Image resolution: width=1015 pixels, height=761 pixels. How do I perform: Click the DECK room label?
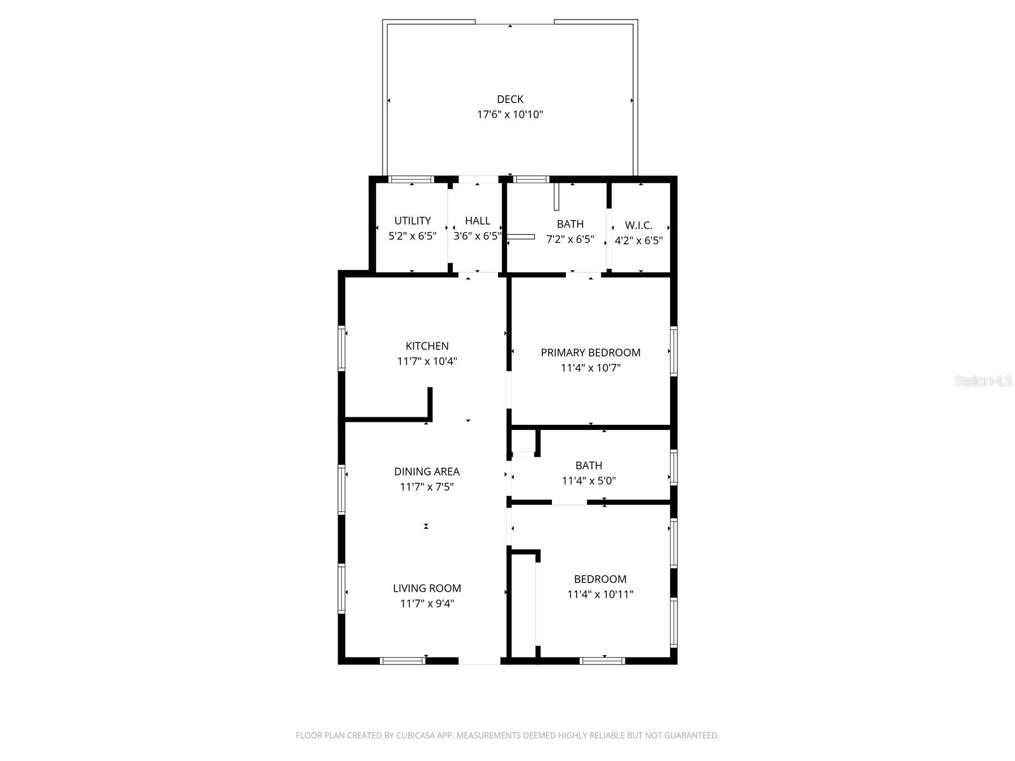pos(510,99)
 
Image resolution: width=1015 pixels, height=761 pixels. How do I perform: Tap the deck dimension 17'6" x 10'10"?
pos(510,115)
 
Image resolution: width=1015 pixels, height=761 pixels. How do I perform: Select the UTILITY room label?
pos(412,221)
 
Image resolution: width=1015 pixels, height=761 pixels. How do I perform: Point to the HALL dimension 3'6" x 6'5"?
pos(477,236)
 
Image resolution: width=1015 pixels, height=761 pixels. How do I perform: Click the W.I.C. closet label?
pos(638,225)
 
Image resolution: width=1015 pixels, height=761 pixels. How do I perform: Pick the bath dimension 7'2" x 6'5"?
pos(570,239)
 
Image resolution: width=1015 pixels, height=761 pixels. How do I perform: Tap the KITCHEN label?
pos(427,346)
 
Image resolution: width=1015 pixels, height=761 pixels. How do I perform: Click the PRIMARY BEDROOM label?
pos(591,353)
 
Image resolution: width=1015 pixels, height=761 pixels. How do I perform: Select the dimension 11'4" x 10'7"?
pos(591,368)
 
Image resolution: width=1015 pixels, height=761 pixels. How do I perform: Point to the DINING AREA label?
pos(427,471)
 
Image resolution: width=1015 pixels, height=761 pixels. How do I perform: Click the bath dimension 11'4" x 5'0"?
pos(589,481)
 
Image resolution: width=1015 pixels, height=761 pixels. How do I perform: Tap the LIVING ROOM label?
pos(427,588)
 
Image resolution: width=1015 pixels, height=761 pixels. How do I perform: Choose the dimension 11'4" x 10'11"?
pos(600,594)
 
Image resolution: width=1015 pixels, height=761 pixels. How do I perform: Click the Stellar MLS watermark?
pos(984,381)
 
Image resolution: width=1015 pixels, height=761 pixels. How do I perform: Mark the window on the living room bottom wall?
pos(402,661)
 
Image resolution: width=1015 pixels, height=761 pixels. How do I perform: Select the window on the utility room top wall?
pos(410,179)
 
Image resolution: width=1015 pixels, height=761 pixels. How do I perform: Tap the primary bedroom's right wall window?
pos(674,351)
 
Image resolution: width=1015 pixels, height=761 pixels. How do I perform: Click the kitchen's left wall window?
pos(341,348)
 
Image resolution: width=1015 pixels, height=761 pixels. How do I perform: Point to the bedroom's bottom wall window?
pos(602,661)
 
